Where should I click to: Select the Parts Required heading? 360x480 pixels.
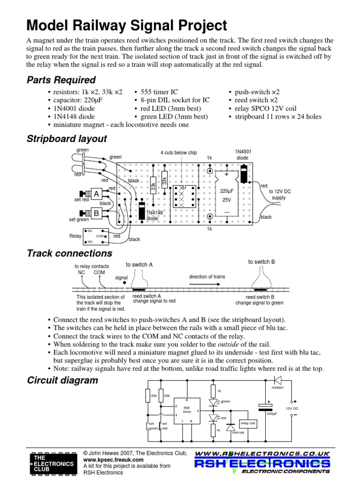(x=61, y=80)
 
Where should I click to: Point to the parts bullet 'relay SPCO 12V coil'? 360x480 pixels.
(x=265, y=108)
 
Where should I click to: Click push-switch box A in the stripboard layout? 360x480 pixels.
(x=97, y=194)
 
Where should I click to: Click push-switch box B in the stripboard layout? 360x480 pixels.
(x=97, y=213)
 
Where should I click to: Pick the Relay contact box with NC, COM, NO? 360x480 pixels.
(x=96, y=236)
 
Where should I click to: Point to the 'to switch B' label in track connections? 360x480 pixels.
(x=261, y=262)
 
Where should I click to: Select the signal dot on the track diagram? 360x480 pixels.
(x=124, y=283)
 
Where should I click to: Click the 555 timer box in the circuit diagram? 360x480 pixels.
(x=187, y=410)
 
